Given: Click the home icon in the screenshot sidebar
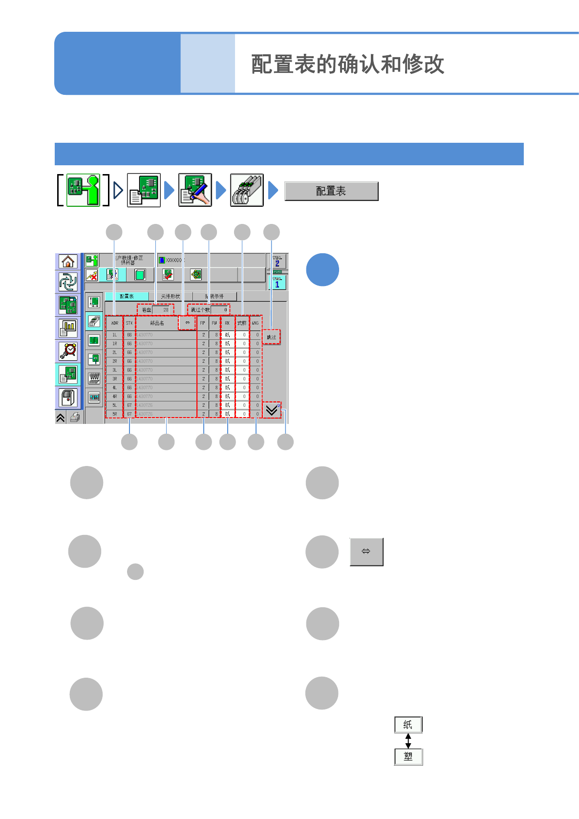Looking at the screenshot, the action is click(68, 262).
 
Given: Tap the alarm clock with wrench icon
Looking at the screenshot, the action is click(68, 351).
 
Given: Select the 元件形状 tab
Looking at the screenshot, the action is click(171, 296).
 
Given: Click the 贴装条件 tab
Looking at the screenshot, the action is click(214, 296).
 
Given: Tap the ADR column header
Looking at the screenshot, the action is click(115, 323).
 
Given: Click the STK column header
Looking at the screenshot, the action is click(129, 323).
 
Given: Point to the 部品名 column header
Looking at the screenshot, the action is click(157, 323).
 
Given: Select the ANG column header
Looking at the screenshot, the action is click(256, 323).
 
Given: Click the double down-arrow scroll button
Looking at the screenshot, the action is click(272, 410).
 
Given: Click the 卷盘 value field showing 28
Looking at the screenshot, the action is click(162, 310).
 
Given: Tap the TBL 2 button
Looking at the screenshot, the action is click(277, 261).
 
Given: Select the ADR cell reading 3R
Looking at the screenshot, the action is click(115, 379).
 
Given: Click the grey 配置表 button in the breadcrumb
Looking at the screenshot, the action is click(331, 191).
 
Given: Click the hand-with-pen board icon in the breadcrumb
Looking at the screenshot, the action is click(195, 190).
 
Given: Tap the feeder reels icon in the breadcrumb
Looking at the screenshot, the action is click(247, 190).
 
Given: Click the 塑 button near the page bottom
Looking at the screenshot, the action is click(408, 757).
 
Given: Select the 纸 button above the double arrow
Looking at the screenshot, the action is click(408, 725).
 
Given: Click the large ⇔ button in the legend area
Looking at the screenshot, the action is click(366, 552).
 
